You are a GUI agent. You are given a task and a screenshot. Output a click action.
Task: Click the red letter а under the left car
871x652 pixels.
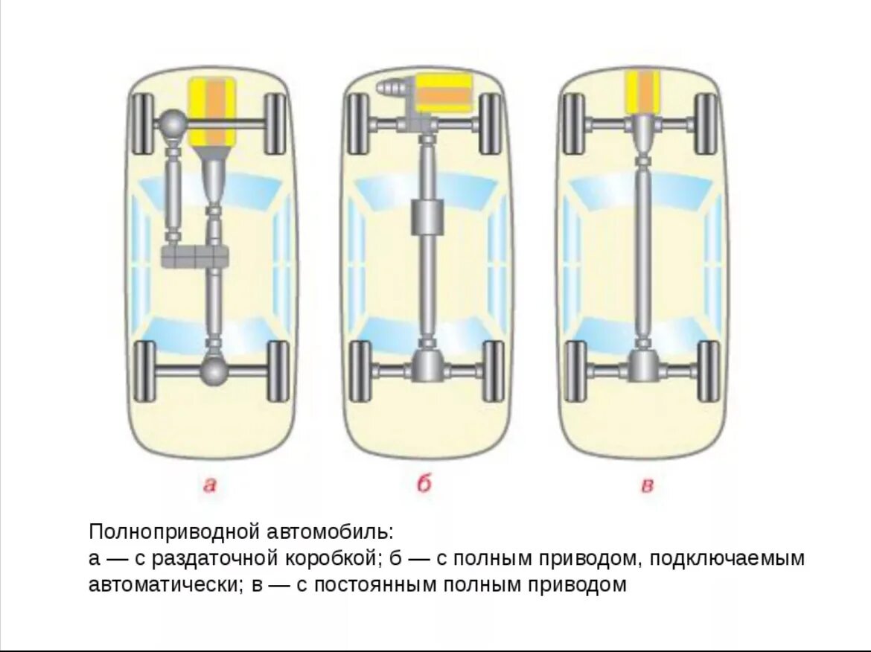[x=210, y=485]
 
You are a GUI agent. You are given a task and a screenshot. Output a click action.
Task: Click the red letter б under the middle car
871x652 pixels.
[x=424, y=485]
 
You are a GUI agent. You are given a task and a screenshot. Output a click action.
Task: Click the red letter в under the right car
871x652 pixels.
[x=647, y=487]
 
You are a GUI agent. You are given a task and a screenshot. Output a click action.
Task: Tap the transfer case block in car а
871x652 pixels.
[x=194, y=257]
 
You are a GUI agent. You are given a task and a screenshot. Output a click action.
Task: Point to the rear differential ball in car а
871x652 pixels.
[x=214, y=368]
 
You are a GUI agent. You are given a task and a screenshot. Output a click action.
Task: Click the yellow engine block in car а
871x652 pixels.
[x=214, y=111]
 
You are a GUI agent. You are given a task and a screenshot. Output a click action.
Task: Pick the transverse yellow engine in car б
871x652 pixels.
[x=444, y=94]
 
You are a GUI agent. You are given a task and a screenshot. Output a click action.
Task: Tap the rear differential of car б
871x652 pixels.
[x=427, y=366]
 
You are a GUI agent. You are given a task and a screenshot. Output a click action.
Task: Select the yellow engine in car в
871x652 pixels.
[x=642, y=92]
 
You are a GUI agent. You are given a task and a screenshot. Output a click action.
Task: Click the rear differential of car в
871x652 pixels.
[x=642, y=366]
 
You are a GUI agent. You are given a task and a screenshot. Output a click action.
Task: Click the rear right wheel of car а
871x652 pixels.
[x=277, y=371]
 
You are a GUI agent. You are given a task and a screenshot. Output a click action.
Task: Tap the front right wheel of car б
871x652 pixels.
[x=489, y=124]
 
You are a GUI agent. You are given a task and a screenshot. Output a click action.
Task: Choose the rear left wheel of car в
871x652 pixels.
[x=575, y=371]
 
